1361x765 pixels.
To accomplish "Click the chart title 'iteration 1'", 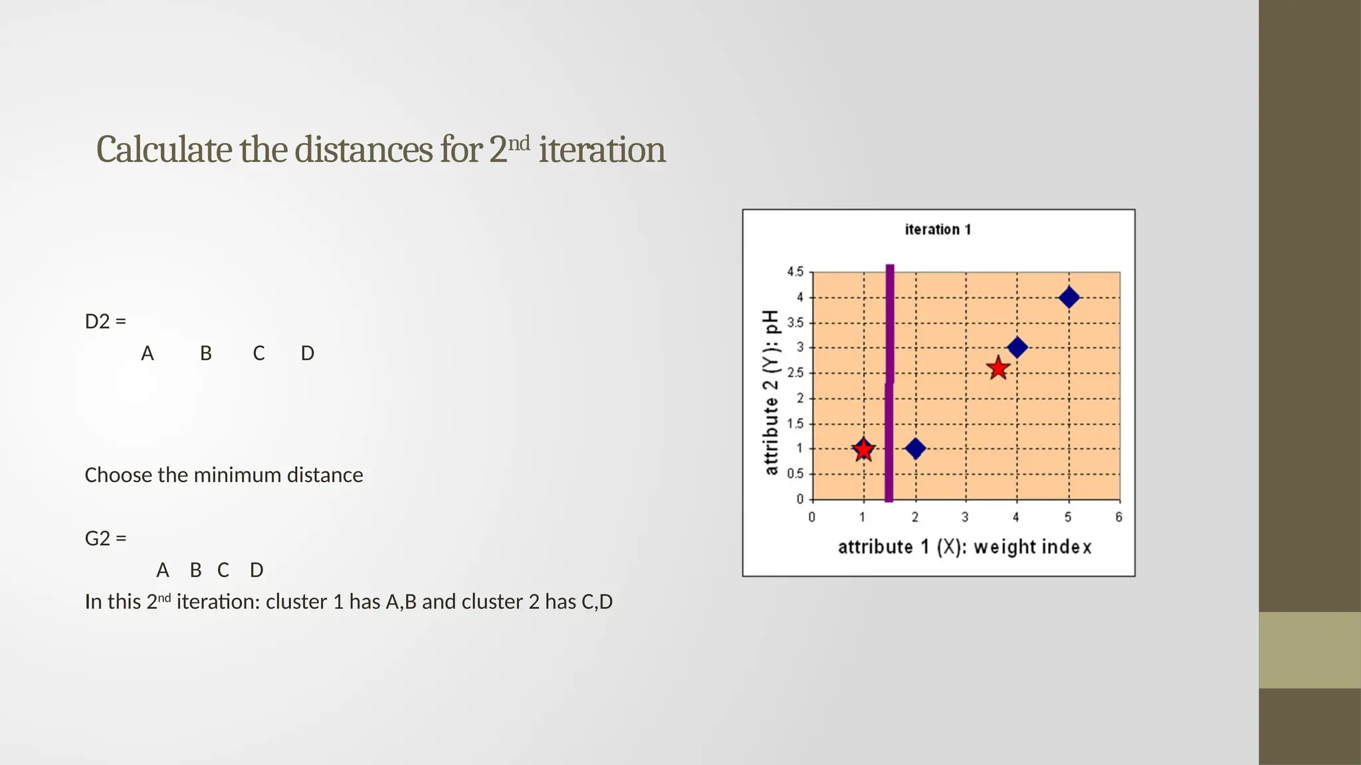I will [x=938, y=230].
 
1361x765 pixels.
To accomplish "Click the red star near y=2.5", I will [x=998, y=368].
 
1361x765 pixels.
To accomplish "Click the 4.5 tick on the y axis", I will [x=795, y=272].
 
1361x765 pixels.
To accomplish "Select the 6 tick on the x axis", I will [x=1119, y=517].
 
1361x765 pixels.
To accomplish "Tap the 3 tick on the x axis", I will [x=965, y=517].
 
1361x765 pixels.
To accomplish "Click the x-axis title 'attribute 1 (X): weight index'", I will [x=964, y=547].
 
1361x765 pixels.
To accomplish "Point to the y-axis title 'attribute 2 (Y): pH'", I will [x=771, y=392].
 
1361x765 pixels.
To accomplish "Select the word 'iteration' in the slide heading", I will [x=601, y=150].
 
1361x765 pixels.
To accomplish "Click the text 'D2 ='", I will [x=105, y=321].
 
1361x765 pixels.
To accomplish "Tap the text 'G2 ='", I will [x=105, y=538].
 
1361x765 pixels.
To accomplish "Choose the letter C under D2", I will [x=259, y=353].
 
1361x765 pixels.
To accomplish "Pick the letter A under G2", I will [x=162, y=570].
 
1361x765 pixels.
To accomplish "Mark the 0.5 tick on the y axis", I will [x=795, y=474].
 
